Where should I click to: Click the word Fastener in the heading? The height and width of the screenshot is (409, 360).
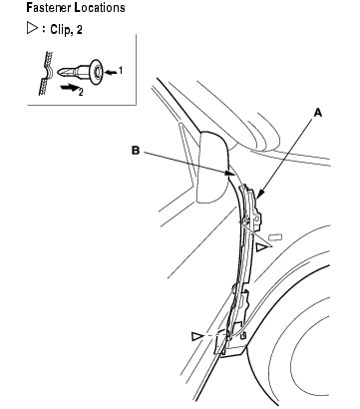click(x=49, y=7)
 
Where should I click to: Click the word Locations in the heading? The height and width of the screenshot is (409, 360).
click(x=100, y=7)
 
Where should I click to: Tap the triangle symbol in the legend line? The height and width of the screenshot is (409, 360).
click(x=32, y=28)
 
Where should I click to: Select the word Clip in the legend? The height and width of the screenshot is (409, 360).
click(x=60, y=30)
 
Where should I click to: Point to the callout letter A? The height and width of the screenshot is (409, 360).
click(x=318, y=113)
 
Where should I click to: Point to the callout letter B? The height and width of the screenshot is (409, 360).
click(x=136, y=151)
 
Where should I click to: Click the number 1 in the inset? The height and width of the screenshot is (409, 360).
click(x=121, y=70)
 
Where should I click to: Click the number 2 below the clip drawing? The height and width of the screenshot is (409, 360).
click(x=81, y=92)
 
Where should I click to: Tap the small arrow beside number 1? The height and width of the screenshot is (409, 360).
click(x=111, y=71)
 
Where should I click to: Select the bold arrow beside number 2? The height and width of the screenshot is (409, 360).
click(x=69, y=88)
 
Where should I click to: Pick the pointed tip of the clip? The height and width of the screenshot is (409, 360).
click(x=58, y=71)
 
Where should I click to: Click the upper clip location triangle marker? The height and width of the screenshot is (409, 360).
click(x=262, y=247)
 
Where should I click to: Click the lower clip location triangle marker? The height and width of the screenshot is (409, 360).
click(x=196, y=336)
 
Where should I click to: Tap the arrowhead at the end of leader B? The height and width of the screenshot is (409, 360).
click(x=228, y=173)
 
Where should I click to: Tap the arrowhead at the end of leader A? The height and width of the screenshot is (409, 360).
click(x=260, y=194)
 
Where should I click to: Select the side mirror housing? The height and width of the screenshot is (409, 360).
click(x=213, y=167)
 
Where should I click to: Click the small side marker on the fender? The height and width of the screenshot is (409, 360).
click(x=275, y=236)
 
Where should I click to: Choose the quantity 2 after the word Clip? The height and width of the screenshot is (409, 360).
click(x=79, y=30)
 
